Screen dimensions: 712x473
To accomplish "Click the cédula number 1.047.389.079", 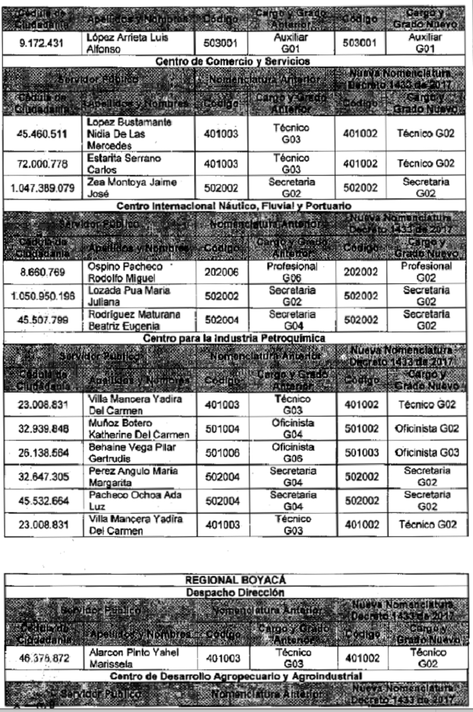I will tap(40, 188).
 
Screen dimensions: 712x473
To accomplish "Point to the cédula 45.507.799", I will tap(40, 319).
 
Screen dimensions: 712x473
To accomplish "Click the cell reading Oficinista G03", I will tap(428, 453).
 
